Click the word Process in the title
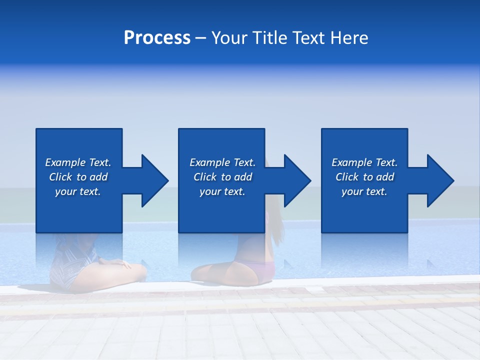157,38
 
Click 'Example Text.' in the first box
78,162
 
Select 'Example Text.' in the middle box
222,162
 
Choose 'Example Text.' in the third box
364,162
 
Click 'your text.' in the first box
78,191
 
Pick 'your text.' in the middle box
222,191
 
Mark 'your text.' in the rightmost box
364,191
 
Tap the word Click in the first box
61,177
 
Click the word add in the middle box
243,177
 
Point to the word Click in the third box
347,177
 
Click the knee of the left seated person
137,270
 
